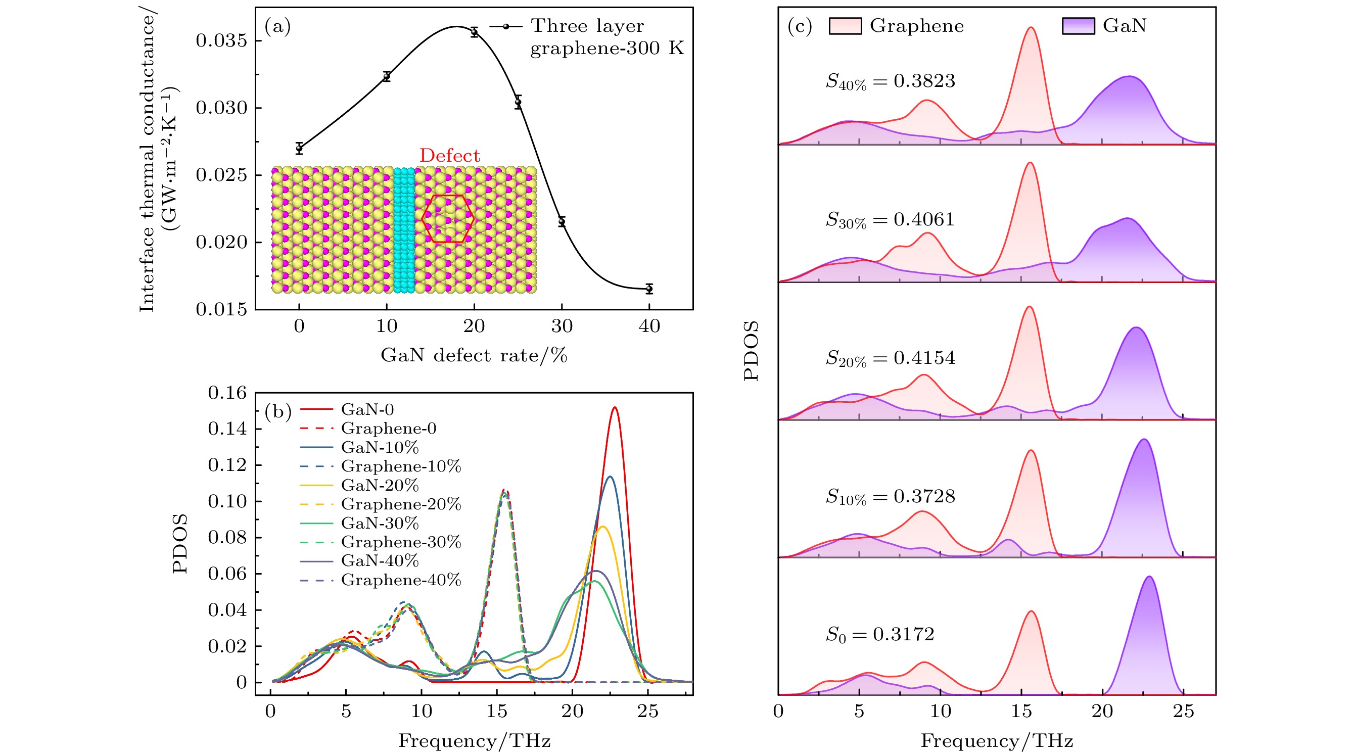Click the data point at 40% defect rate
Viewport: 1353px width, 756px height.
tap(649, 288)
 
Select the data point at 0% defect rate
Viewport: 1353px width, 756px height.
tap(299, 148)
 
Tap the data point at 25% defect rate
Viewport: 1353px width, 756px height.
tap(519, 102)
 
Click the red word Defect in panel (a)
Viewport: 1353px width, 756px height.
tap(450, 156)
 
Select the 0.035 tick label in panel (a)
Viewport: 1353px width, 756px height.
tap(221, 41)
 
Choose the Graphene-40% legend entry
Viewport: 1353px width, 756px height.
tap(380, 580)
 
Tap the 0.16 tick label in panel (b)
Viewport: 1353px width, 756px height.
tap(227, 393)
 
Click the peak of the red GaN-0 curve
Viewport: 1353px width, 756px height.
tap(615, 407)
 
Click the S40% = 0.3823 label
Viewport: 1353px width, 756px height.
tap(890, 81)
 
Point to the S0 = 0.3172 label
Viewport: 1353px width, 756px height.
tap(880, 635)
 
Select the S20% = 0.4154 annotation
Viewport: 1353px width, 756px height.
tap(890, 359)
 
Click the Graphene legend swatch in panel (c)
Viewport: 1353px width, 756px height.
tap(845, 26)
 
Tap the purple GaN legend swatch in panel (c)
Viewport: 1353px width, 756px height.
tap(1078, 26)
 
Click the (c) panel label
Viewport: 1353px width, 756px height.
tap(800, 26)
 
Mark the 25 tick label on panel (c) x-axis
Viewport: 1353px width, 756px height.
tap(1183, 712)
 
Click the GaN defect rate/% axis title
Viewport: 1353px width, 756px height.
tap(474, 355)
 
